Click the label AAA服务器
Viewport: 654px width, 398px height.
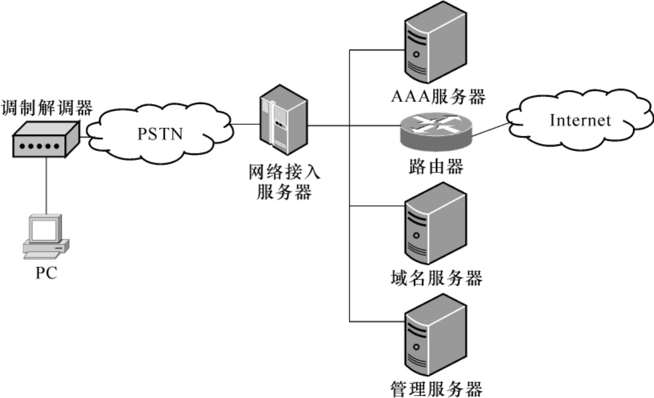pos(438,97)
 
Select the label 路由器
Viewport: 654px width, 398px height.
pos(435,166)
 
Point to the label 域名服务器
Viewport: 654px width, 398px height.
pos(436,279)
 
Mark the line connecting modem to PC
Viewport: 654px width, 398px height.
pos(46,185)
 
